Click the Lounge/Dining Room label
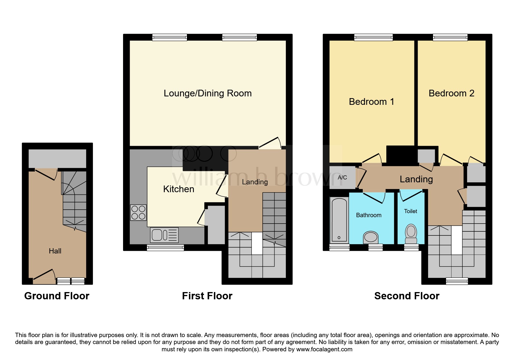pyautogui.click(x=208, y=93)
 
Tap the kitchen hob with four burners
pyautogui.click(x=138, y=213)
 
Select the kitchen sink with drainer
pyautogui.click(x=164, y=235)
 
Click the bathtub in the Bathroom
pyautogui.click(x=339, y=219)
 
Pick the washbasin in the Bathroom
pyautogui.click(x=371, y=237)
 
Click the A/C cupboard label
pyautogui.click(x=342, y=177)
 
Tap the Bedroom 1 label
pyautogui.click(x=371, y=102)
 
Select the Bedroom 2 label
pyautogui.click(x=451, y=93)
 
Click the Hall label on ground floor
pyautogui.click(x=55, y=251)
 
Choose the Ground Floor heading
pyautogui.click(x=57, y=296)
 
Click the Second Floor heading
pyautogui.click(x=407, y=296)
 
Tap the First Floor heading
pyautogui.click(x=207, y=296)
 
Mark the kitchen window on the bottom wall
pyautogui.click(x=165, y=248)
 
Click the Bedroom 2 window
pyautogui.click(x=450, y=37)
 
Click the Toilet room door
pyautogui.click(x=411, y=195)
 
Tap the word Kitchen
pyautogui.click(x=178, y=189)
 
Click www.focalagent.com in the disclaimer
pyautogui.click(x=324, y=349)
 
